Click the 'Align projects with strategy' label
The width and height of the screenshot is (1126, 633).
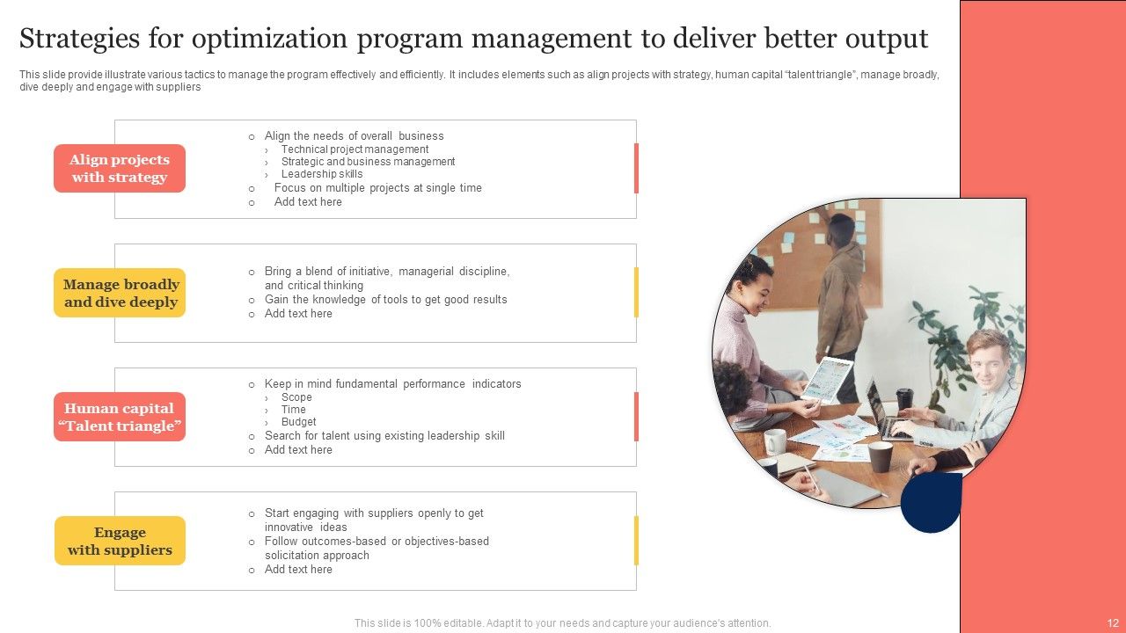click(x=120, y=168)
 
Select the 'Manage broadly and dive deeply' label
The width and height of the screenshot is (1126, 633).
click(x=121, y=293)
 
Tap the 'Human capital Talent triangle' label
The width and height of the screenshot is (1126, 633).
click(x=120, y=417)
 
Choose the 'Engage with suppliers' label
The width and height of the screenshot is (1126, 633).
click(x=120, y=541)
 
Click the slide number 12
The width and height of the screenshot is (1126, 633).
click(x=1112, y=622)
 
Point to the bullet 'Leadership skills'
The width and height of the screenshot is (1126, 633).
click(x=321, y=174)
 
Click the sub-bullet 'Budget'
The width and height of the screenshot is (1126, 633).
click(x=298, y=422)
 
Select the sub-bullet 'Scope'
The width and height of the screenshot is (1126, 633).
click(x=296, y=397)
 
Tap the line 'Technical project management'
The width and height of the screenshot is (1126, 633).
click(x=355, y=149)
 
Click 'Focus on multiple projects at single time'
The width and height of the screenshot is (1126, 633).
click(x=377, y=188)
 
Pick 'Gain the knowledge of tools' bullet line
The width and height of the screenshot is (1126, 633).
click(x=385, y=300)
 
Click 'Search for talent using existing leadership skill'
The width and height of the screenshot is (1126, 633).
click(x=384, y=436)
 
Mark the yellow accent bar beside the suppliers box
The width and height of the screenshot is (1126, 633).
click(x=636, y=541)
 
